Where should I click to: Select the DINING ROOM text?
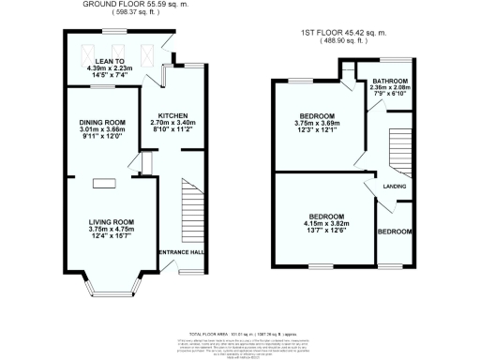(x=101, y=123)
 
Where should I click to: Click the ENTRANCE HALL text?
(x=178, y=252)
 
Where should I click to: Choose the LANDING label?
(x=393, y=188)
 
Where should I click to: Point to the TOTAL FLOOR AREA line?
(x=243, y=333)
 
